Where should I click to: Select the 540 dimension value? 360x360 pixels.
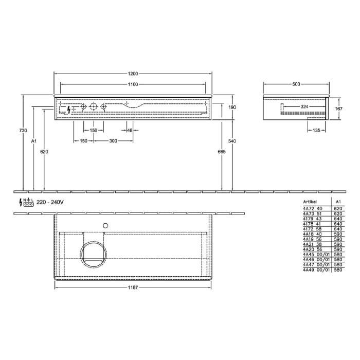pos(232,140)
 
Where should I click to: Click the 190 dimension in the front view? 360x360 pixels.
pos(232,107)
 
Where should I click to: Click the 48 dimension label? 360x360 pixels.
pos(130,131)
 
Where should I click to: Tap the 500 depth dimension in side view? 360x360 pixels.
pos(296,84)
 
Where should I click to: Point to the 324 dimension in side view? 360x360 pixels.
pos(304,106)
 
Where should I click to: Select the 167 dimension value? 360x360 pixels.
pos(338,109)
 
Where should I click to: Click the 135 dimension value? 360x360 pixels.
pos(316,131)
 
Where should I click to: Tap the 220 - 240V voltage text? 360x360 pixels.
pos(51,202)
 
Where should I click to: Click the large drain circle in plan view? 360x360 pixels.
pos(93,254)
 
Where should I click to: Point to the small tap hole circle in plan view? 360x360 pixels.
pos(106,225)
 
